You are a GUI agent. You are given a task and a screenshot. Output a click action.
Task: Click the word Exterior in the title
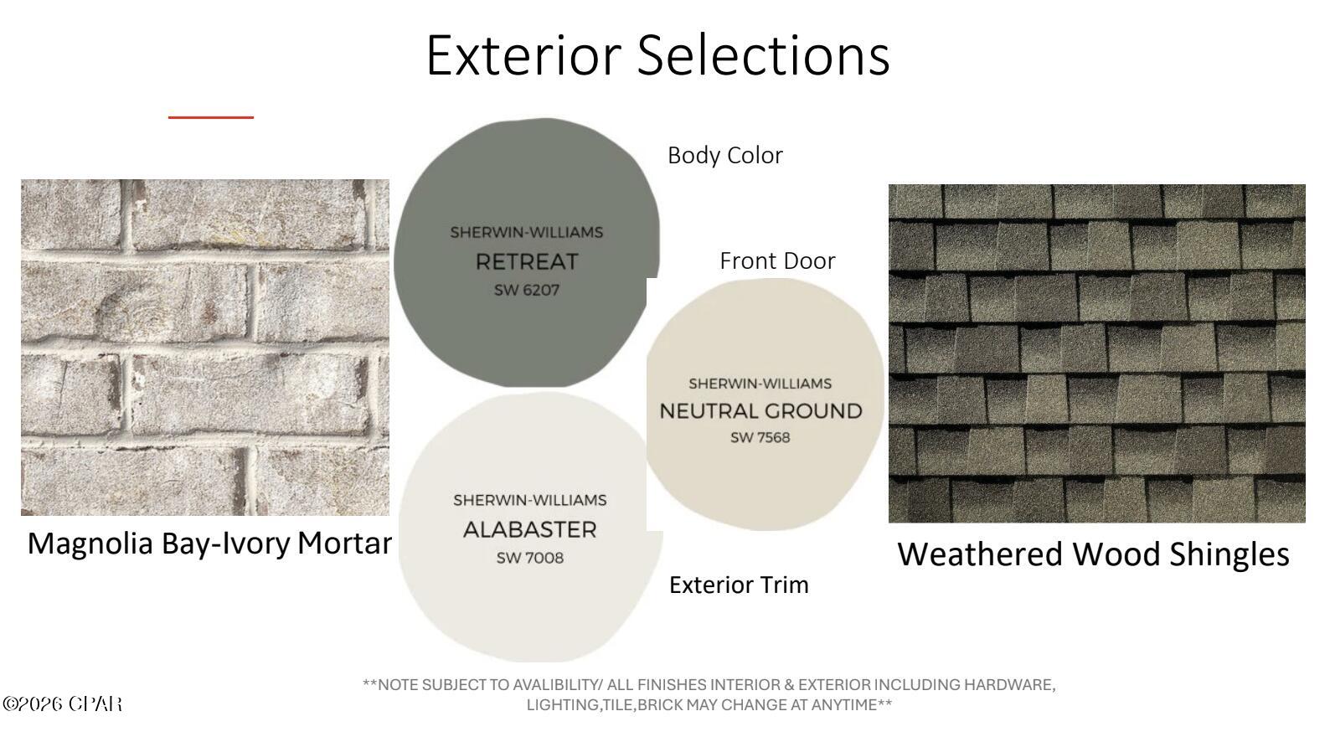pyautogui.click(x=523, y=55)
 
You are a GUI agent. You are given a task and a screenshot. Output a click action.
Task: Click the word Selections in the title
pyautogui.click(x=764, y=55)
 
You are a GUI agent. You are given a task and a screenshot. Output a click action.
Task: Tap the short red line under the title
pyautogui.click(x=211, y=117)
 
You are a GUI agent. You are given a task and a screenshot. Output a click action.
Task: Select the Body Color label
pyautogui.click(x=725, y=156)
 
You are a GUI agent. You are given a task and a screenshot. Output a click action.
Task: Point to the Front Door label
pyautogui.click(x=777, y=260)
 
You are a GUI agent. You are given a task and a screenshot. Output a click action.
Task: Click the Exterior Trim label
pyautogui.click(x=739, y=585)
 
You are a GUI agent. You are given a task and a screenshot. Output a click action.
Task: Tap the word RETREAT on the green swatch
pyautogui.click(x=527, y=262)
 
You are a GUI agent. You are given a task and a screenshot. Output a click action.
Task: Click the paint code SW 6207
pyautogui.click(x=527, y=291)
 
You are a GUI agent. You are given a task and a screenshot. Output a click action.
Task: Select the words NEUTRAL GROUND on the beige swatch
pyautogui.click(x=760, y=411)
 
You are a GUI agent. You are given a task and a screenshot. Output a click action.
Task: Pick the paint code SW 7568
pyautogui.click(x=760, y=438)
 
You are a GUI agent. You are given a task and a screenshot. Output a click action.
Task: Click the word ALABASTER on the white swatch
pyautogui.click(x=529, y=530)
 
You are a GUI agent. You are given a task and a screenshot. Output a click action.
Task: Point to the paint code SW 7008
pyautogui.click(x=529, y=559)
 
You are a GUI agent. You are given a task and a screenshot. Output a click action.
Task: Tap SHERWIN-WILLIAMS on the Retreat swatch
pyautogui.click(x=527, y=232)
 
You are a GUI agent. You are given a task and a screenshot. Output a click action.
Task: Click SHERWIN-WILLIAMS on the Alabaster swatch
pyautogui.click(x=529, y=500)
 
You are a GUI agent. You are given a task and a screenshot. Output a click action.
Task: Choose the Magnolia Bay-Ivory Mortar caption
pyautogui.click(x=209, y=544)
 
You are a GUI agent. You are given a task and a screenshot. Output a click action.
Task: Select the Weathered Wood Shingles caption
pyautogui.click(x=1093, y=554)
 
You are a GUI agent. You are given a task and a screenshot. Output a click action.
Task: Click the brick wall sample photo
pyautogui.click(x=205, y=348)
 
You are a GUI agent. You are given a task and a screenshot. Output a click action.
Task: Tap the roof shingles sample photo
pyautogui.click(x=1096, y=353)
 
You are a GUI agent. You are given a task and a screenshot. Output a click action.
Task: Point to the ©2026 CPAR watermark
pyautogui.click(x=62, y=703)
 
